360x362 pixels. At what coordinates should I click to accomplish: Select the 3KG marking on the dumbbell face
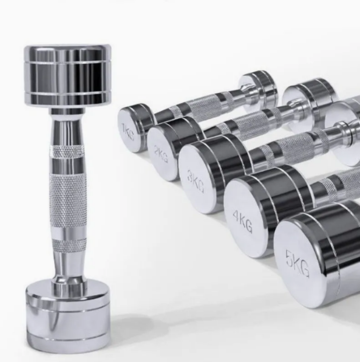point(196,181)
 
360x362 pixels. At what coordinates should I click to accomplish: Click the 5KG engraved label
point(297,264)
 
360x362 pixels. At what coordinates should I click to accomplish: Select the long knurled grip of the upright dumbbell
point(68,201)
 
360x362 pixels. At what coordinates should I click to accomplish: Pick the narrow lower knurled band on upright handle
point(69,245)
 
